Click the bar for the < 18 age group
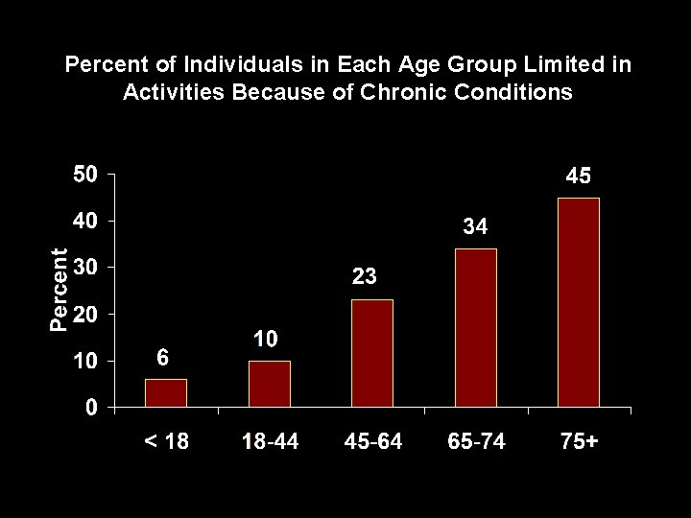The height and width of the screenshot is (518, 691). pyautogui.click(x=166, y=393)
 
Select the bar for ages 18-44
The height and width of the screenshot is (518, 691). pyautogui.click(x=270, y=384)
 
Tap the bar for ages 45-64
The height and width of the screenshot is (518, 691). pyautogui.click(x=372, y=354)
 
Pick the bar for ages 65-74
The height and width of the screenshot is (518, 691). pyautogui.click(x=476, y=328)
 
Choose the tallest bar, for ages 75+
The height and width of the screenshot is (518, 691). pyautogui.click(x=579, y=302)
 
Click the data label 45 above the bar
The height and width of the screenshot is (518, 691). pyautogui.click(x=578, y=177)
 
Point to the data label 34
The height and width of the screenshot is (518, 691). pyautogui.click(x=475, y=227)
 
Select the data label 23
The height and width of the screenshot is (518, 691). pyautogui.click(x=365, y=277)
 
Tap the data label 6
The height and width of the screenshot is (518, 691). pyautogui.click(x=163, y=357)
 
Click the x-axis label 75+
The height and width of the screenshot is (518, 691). pyautogui.click(x=579, y=442)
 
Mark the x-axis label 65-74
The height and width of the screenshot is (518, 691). pyautogui.click(x=476, y=442)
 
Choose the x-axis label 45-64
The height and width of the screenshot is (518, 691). pyautogui.click(x=372, y=442)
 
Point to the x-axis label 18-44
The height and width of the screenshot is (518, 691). pyautogui.click(x=270, y=442)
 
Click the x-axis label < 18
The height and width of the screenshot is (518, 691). pyautogui.click(x=166, y=442)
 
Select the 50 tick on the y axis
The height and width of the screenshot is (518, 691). pyautogui.click(x=85, y=175)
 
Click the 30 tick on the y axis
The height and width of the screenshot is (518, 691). pyautogui.click(x=85, y=268)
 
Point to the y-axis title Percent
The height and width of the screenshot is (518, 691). pyautogui.click(x=60, y=290)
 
